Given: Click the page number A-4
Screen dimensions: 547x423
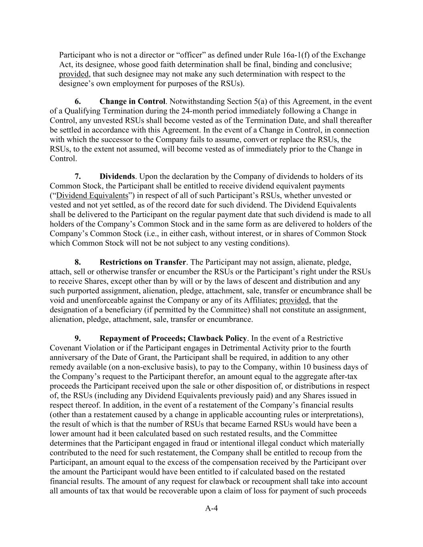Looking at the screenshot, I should (x=211, y=509).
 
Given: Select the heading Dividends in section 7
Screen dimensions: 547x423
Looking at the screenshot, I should (x=117, y=176).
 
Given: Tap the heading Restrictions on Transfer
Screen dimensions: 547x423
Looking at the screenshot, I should (x=143, y=262).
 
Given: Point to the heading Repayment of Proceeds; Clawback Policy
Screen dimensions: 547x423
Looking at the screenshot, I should (x=173, y=339).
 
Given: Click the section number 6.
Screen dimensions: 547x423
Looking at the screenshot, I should (x=78, y=101).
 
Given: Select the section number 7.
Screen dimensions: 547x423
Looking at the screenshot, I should (x=78, y=176).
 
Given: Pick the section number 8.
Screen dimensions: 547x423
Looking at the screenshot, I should (x=78, y=262).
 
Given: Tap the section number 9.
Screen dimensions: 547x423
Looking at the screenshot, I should (x=78, y=339).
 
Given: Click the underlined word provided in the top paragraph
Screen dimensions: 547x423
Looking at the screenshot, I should (x=74, y=74).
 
